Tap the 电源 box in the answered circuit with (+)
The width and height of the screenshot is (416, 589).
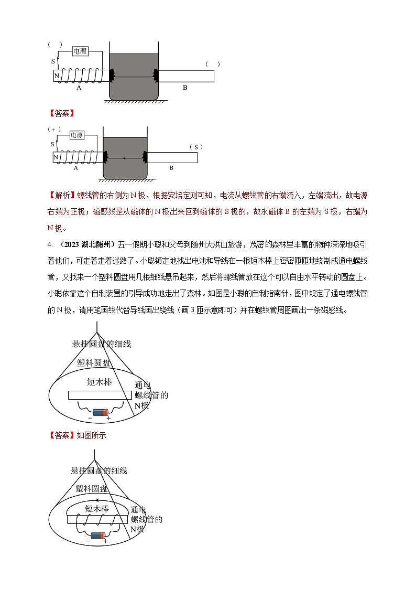[76, 135]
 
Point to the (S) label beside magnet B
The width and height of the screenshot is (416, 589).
[195, 147]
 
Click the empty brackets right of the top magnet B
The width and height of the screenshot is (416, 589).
[213, 64]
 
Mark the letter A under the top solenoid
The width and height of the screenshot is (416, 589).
[79, 88]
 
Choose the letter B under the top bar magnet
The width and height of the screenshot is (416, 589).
[185, 88]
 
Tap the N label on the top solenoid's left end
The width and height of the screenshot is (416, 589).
[56, 76]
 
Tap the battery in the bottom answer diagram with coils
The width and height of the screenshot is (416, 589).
[98, 536]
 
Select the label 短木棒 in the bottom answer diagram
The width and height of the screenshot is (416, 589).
[97, 508]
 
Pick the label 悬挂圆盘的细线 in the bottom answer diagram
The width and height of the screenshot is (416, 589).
[99, 471]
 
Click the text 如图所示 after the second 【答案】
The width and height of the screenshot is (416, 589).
[92, 435]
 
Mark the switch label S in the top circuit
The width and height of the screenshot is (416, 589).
[53, 61]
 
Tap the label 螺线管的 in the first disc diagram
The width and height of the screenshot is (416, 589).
[151, 395]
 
